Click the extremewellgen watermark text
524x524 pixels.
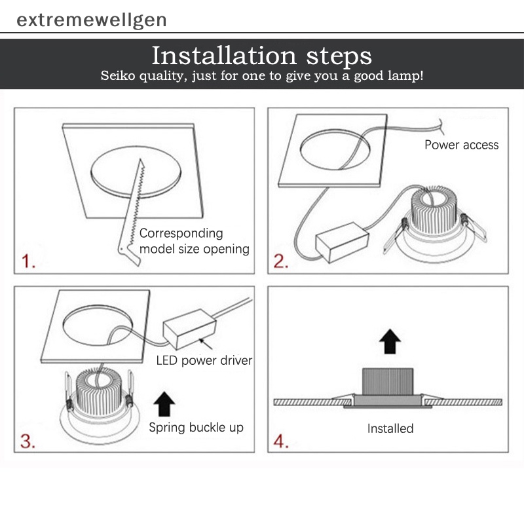coord(91,20)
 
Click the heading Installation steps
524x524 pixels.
coord(261,56)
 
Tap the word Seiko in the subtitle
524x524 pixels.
coord(118,75)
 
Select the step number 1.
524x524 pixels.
coord(28,261)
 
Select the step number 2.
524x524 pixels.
coord(281,261)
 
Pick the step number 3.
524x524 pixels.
coord(28,441)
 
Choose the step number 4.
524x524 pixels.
coord(281,441)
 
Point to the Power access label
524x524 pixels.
coord(462,145)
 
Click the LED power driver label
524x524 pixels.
coord(204,361)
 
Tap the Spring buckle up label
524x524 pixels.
coord(196,428)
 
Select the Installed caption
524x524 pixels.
coord(390,428)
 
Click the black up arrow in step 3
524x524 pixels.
coord(164,403)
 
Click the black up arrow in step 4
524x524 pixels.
coord(390,341)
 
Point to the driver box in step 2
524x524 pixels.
coord(342,242)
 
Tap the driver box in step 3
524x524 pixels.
coord(189,329)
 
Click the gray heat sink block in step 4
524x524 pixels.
coord(388,382)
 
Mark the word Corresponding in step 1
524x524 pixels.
coord(181,233)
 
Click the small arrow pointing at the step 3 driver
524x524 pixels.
coord(206,344)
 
